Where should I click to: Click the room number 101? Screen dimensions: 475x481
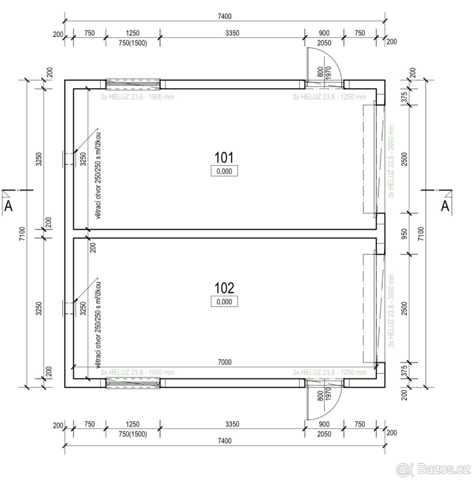(224, 158)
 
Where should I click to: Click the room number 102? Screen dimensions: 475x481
(224, 288)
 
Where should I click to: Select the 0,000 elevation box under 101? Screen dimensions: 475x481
(224, 171)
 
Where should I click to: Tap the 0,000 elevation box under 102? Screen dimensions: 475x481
(224, 301)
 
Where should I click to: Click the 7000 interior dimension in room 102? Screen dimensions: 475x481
(225, 362)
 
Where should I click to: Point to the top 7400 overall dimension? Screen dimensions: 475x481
(225, 16)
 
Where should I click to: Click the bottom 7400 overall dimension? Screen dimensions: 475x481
(225, 441)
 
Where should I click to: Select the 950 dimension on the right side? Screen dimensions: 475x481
(405, 234)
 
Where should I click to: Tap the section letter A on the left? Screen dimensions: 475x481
(8, 206)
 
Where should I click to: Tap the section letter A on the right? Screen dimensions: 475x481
(445, 206)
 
